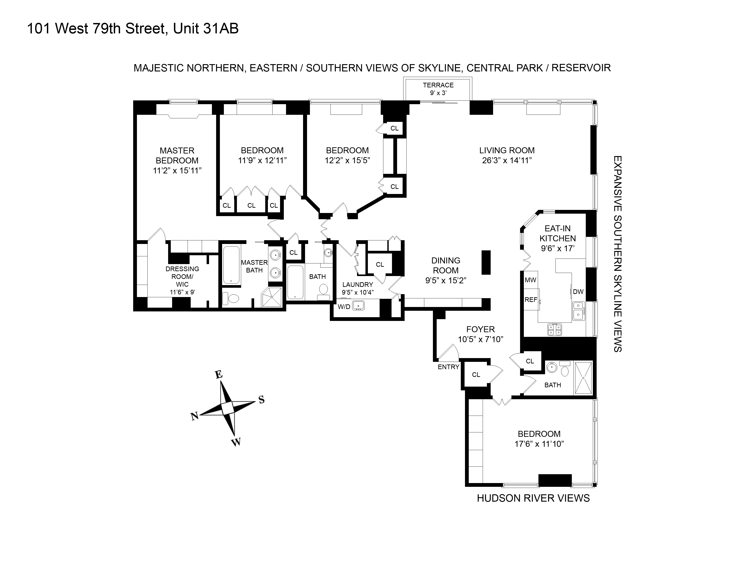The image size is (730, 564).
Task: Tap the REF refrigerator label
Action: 530,300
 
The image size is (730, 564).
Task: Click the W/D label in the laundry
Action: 344,306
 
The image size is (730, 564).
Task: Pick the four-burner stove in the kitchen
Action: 555,330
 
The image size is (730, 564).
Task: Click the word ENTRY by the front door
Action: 448,367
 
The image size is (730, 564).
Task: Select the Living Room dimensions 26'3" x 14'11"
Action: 507,160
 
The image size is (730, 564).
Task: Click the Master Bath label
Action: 254,266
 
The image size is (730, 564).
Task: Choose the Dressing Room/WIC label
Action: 182,277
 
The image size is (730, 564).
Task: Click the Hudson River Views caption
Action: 533,498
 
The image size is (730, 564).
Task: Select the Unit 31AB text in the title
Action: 206,29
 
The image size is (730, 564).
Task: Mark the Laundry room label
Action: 357,284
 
